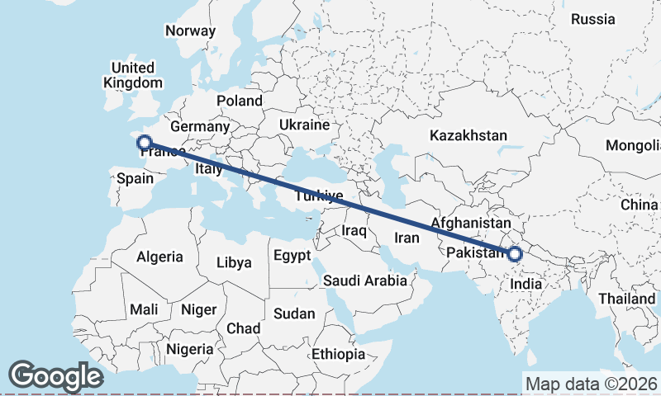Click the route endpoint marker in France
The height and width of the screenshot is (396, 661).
tap(144, 142)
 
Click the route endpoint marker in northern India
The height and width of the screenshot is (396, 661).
tap(515, 253)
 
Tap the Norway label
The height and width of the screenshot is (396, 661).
tap(190, 31)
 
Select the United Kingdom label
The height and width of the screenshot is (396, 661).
tap(133, 75)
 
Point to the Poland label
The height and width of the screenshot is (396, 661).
tap(239, 101)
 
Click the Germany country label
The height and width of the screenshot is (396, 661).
tap(199, 127)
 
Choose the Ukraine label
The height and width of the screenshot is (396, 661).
tap(304, 125)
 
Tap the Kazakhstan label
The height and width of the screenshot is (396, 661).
tap(468, 135)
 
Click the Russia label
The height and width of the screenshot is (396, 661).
tap(593, 19)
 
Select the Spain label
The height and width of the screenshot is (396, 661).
tap(135, 178)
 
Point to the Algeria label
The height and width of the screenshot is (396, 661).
tap(159, 257)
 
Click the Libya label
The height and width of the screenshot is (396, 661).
tap(233, 262)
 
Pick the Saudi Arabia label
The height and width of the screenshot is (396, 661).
tap(365, 280)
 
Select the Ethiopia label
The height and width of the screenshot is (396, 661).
tap(338, 354)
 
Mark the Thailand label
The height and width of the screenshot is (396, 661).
tap(627, 298)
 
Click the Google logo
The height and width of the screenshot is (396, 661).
tap(55, 376)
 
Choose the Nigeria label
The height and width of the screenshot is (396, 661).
tap(190, 349)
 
